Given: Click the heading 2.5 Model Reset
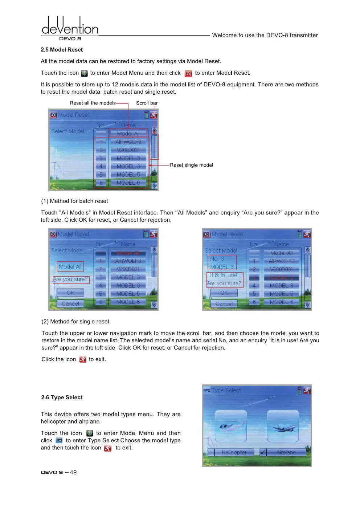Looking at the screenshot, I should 62,50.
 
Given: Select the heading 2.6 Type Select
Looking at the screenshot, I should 62,397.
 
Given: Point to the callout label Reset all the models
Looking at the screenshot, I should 93,103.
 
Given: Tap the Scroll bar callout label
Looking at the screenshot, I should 147,103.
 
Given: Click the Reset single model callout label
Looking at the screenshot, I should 191,165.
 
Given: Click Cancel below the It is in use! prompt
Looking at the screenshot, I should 224,304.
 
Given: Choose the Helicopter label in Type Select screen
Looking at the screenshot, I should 234,452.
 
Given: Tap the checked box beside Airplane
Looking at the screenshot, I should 263,452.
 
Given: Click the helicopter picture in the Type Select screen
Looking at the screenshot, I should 231,426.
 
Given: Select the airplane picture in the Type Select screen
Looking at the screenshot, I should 283,426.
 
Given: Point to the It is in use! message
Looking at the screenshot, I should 224,276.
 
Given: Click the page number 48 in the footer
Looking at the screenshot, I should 73,472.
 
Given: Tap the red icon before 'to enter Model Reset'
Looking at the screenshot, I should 188,74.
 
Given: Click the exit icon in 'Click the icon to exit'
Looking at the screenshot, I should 83,359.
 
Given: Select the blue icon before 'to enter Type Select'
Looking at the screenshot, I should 59,441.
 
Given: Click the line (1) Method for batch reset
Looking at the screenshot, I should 74,201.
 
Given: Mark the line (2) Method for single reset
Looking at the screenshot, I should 76,322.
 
